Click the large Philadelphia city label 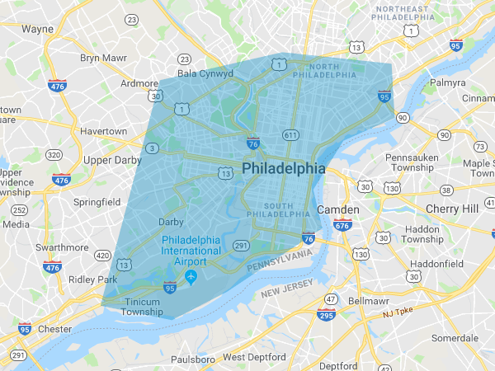pyautogui.click(x=284, y=167)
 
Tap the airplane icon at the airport pyautogui.click(x=191, y=275)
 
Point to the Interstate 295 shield pyautogui.click(x=326, y=314)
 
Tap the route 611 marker pyautogui.click(x=290, y=134)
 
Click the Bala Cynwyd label pyautogui.click(x=205, y=73)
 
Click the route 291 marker pyautogui.click(x=241, y=246)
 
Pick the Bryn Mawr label pyautogui.click(x=101, y=58)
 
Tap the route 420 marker pyautogui.click(x=101, y=256)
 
